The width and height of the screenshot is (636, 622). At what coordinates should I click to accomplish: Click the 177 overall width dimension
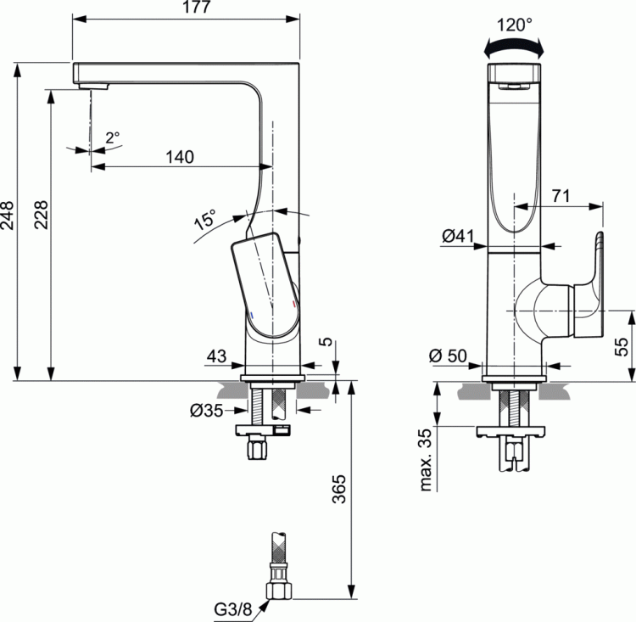(187, 8)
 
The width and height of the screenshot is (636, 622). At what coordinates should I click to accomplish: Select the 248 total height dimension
(8, 221)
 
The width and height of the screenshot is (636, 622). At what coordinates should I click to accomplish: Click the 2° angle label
(113, 136)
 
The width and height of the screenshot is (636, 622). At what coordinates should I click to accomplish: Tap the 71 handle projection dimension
(560, 195)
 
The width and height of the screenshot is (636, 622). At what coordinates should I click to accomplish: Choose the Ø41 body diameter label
(457, 238)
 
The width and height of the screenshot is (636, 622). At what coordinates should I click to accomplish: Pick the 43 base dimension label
(217, 357)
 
